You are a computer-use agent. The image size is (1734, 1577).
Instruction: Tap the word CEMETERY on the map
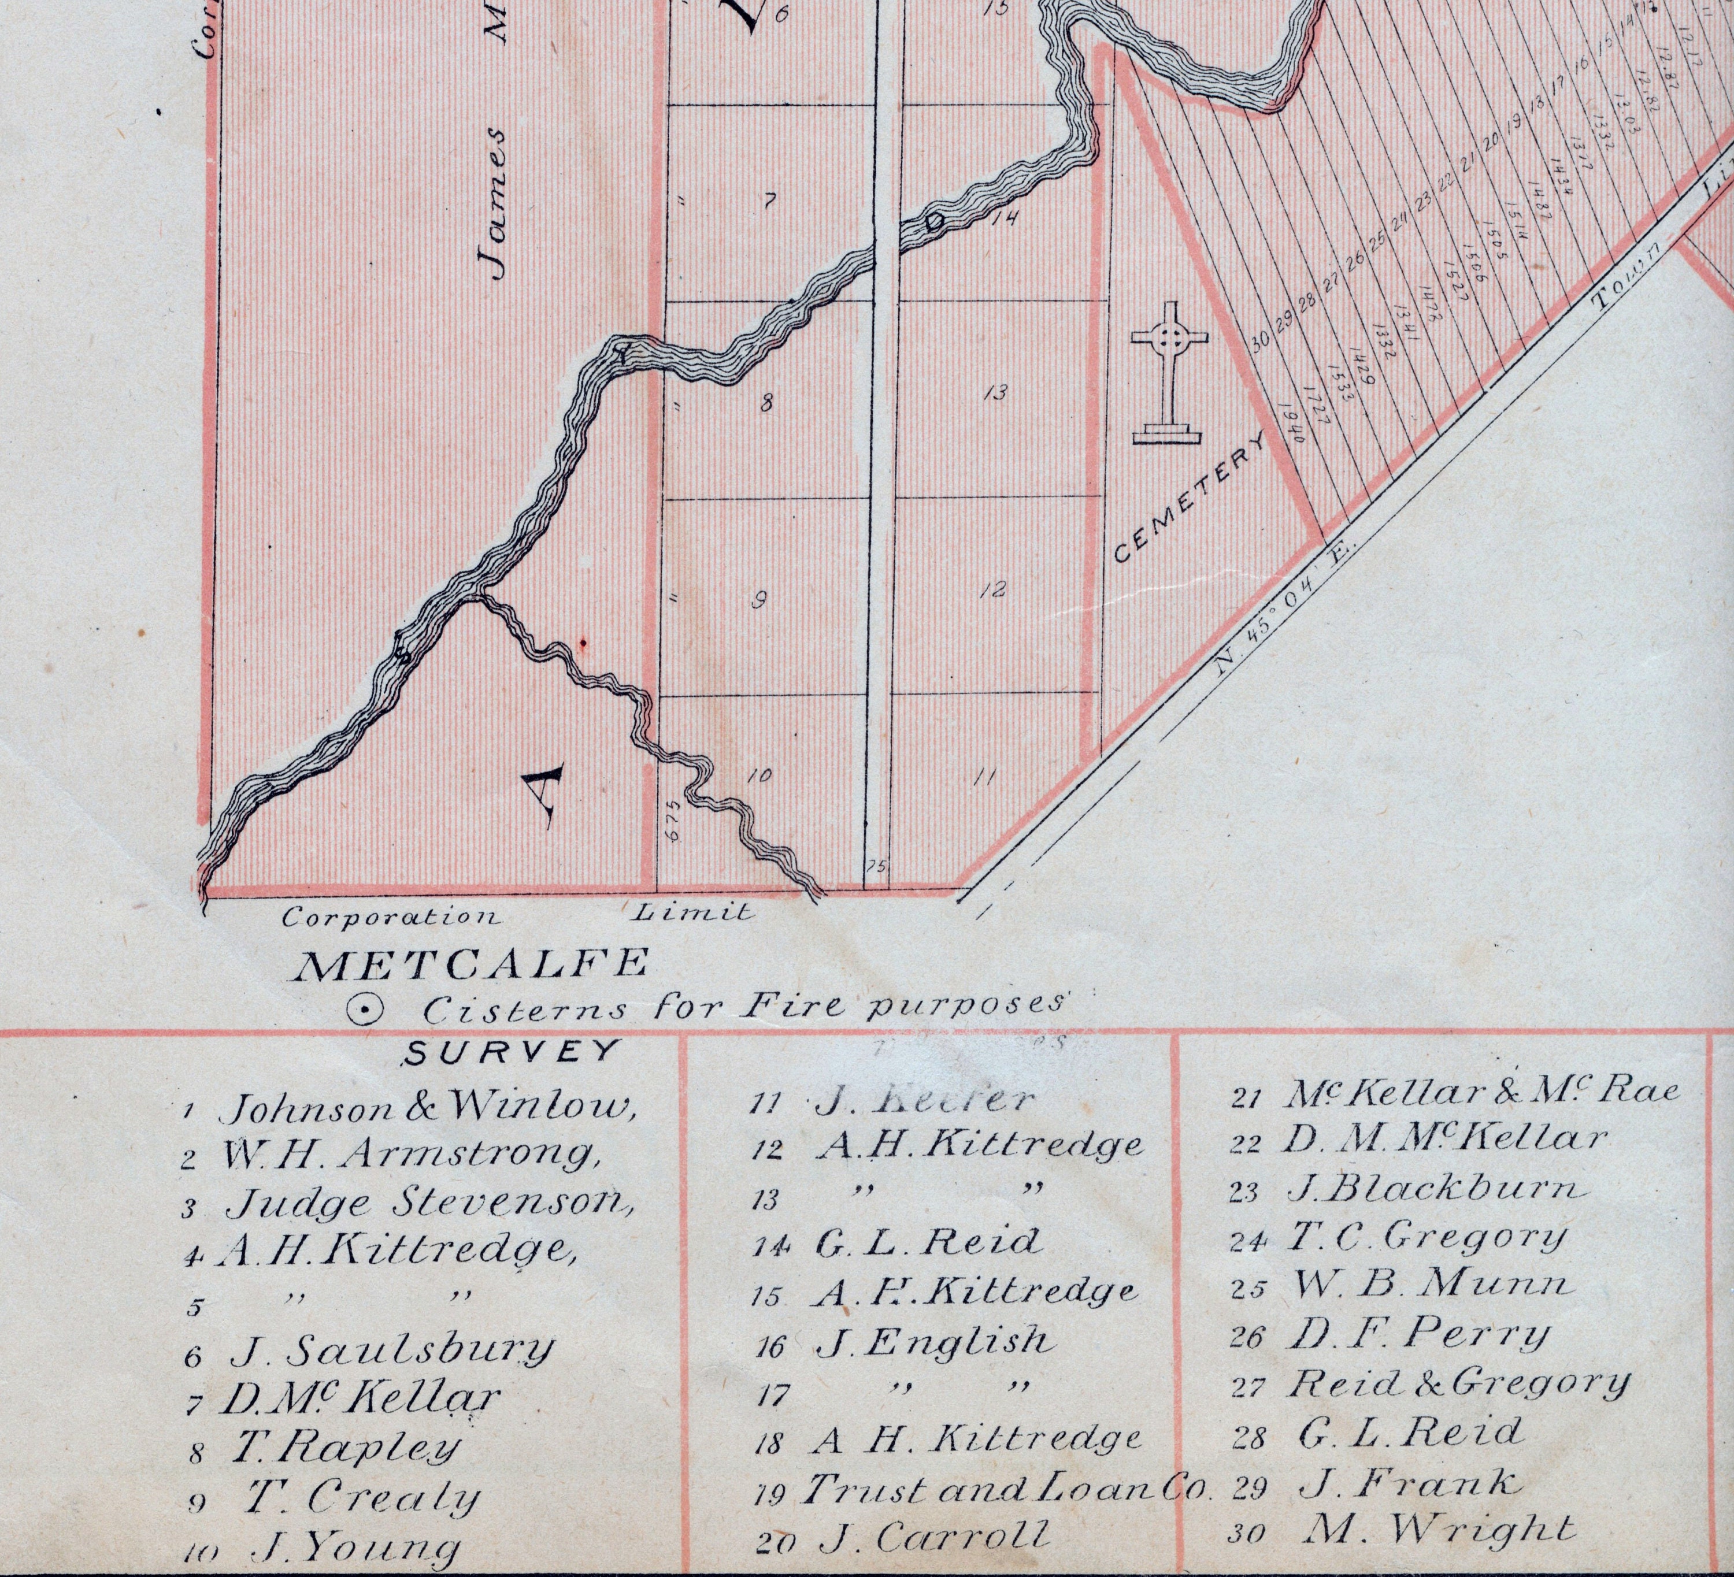tap(1190, 498)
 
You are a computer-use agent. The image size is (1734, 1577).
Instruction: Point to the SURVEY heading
tap(511, 1051)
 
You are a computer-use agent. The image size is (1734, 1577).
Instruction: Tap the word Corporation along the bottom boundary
tap(391, 916)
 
